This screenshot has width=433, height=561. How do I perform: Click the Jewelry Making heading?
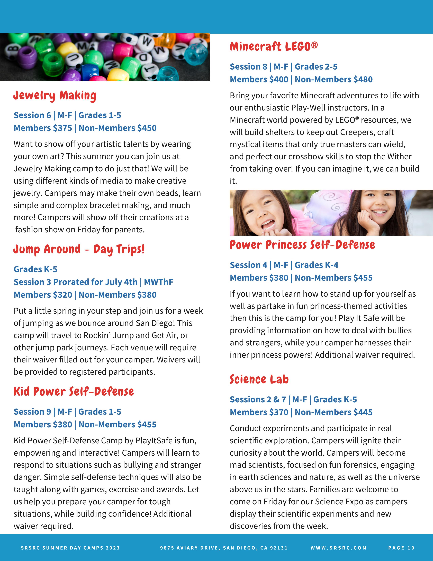55,96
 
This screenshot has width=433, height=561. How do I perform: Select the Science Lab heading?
259,379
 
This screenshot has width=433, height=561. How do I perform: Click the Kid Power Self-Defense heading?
74,392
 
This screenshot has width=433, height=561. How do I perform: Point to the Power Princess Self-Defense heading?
302,245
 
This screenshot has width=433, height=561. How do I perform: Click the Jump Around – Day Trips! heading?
79,249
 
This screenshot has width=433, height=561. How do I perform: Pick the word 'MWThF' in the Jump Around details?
159,282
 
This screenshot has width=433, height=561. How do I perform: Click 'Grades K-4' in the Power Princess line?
316,265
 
